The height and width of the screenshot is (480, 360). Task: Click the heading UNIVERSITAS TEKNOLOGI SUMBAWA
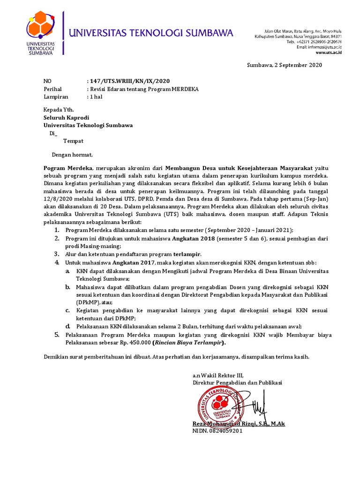point(151,33)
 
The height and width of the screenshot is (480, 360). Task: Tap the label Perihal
point(52,89)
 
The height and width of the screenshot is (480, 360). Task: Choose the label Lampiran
point(56,97)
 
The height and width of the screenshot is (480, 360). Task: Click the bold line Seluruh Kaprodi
point(66,117)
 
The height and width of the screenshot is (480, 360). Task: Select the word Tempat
point(74,141)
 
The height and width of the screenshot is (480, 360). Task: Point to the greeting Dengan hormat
point(72,155)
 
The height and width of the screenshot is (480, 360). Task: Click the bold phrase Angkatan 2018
point(196,239)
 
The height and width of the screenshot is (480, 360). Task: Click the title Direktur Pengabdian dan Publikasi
point(237,382)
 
